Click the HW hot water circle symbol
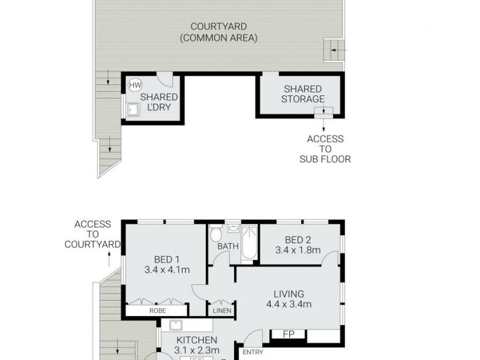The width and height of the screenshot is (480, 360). pos(135,85)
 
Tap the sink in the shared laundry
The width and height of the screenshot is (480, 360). pos(133,110)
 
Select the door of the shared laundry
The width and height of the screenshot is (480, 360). pos(164,80)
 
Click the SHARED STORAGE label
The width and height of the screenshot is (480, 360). pos(303,94)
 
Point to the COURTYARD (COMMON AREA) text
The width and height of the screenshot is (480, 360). pos(219,32)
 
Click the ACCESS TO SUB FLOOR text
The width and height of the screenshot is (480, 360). pos(325,149)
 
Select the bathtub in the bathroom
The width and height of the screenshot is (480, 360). pos(249,244)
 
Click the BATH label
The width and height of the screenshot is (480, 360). pos(227,247)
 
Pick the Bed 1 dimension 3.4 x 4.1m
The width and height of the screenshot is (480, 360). pos(167,270)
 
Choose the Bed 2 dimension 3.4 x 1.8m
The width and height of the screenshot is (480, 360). pos(298,250)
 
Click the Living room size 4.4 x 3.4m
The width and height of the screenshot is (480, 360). pos(289,304)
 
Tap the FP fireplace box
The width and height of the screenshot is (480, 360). pos(288,334)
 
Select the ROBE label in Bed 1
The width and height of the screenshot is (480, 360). pos(158,311)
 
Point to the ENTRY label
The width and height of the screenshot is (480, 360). pos(253,352)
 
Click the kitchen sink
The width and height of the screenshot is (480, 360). pos(176,326)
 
